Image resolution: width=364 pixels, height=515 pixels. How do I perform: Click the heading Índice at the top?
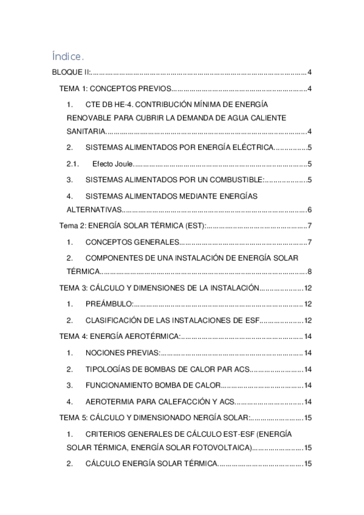click(67, 57)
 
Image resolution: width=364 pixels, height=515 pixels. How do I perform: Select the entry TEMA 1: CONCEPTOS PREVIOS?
click(116, 89)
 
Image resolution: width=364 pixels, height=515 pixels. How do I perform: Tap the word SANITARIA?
click(86, 131)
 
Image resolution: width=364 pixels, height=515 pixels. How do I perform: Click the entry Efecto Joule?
click(112, 163)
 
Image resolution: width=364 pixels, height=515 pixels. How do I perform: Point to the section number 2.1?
click(73, 163)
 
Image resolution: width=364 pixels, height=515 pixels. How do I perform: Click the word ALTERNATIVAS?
click(94, 210)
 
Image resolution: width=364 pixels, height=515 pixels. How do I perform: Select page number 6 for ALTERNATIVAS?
click(309, 210)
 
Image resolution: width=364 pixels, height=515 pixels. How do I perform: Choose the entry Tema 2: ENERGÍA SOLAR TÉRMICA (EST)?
click(132, 227)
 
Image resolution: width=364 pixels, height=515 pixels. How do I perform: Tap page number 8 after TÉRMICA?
click(309, 271)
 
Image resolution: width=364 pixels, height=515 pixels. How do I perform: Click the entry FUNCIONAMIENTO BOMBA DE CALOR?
click(151, 385)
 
